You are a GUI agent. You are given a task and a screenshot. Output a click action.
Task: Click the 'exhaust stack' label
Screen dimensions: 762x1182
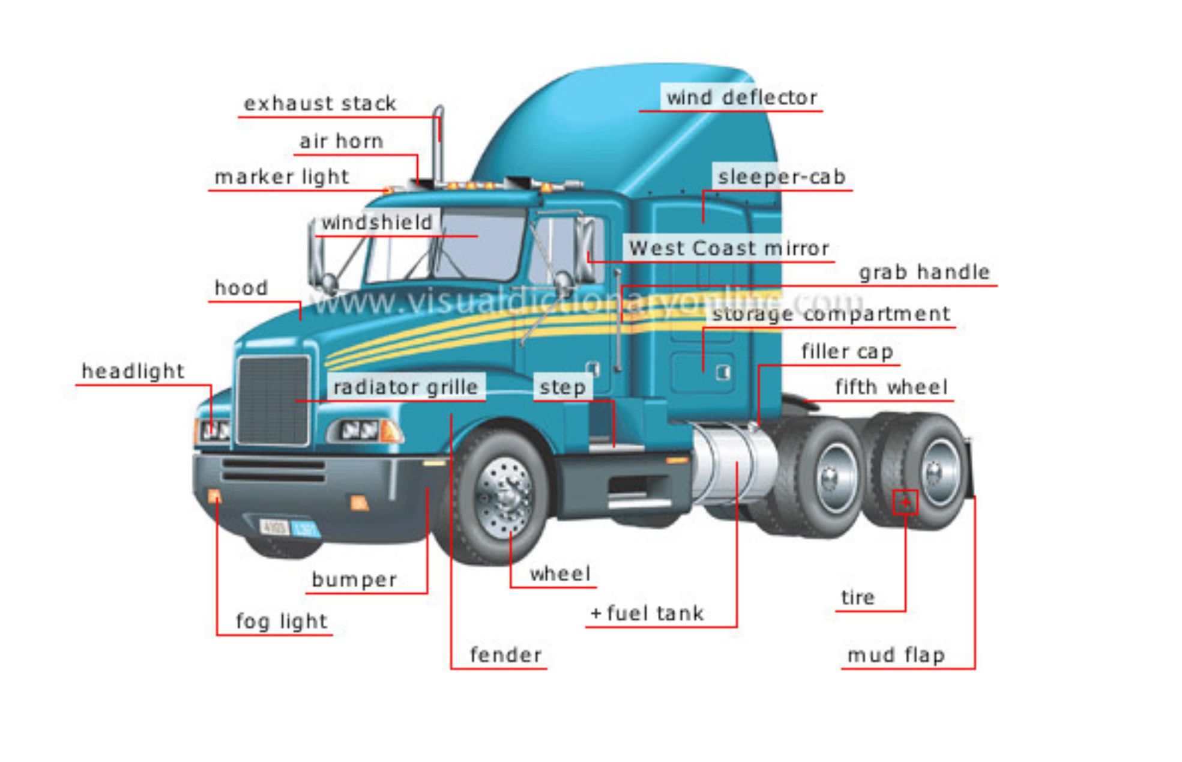[320, 103]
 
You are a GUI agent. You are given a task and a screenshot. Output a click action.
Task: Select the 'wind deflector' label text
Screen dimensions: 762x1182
[742, 97]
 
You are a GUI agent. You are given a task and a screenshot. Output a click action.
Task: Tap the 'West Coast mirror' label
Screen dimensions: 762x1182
[729, 248]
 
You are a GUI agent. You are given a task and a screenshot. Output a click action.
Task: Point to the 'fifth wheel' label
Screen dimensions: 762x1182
[891, 387]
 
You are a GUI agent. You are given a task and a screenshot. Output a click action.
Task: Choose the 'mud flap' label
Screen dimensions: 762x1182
[896, 655]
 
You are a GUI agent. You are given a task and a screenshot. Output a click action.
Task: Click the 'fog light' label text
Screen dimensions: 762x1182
[282, 621]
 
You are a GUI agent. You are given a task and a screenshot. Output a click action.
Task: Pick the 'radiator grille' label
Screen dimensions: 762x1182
[406, 387]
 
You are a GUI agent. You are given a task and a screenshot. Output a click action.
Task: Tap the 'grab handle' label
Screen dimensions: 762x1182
[924, 272]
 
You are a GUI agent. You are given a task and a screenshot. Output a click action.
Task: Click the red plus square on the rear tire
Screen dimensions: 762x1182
[905, 502]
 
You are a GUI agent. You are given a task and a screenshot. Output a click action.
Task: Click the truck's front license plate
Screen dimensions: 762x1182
[289, 528]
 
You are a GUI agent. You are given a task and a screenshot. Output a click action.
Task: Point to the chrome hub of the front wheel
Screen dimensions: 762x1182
[503, 496]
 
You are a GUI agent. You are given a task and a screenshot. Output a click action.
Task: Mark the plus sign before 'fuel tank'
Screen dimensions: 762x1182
[596, 614]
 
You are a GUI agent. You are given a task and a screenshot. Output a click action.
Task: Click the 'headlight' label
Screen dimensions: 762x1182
[133, 371]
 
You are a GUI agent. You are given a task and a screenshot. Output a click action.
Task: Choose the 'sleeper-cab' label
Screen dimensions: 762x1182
[782, 177]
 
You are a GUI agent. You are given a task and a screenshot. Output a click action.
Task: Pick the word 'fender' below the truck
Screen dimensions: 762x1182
[505, 655]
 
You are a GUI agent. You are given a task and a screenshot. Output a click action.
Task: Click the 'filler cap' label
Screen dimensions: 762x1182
[847, 351]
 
